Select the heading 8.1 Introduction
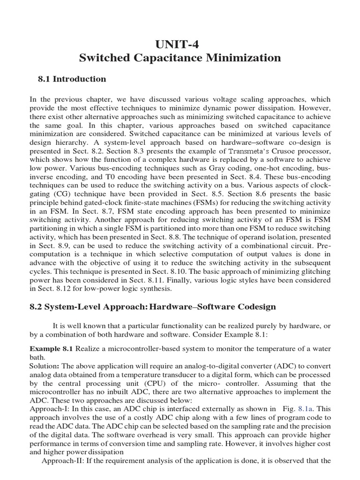72,79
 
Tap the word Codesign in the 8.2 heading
255,307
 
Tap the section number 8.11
181,280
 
